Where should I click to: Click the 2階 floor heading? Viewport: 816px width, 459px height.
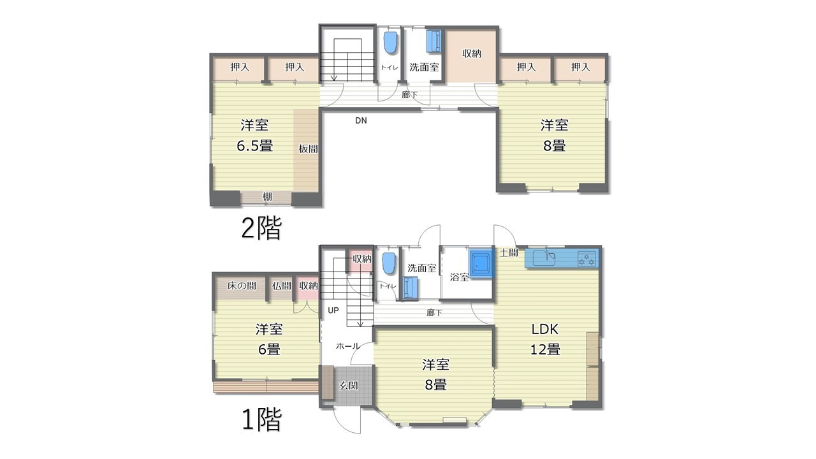[261, 228]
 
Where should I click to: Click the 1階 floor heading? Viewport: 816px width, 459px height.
[261, 419]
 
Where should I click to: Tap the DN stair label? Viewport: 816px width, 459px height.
[361, 120]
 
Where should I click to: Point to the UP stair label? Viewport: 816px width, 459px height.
[333, 310]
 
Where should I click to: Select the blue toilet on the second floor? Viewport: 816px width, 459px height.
[390, 43]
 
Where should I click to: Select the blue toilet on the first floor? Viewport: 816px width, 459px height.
[389, 263]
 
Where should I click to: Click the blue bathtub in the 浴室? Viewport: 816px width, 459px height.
[481, 264]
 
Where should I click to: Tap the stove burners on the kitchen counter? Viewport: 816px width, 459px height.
[586, 258]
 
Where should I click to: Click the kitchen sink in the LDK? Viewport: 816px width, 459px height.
[544, 258]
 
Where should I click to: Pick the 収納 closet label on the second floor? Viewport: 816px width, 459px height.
[472, 54]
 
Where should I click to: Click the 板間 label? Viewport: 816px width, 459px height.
[308, 149]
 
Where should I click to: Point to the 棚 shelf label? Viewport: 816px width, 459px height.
[267, 197]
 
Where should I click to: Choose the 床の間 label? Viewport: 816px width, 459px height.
[241, 286]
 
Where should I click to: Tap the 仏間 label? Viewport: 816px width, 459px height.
[281, 286]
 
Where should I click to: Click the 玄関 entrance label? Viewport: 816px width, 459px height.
[349, 386]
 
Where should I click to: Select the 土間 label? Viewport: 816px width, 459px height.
[509, 252]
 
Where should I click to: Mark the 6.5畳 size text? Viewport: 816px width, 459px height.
[254, 146]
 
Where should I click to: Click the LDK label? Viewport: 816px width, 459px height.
[545, 330]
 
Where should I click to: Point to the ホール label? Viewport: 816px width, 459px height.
[348, 346]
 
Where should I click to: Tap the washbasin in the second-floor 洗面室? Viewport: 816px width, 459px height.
[434, 41]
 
